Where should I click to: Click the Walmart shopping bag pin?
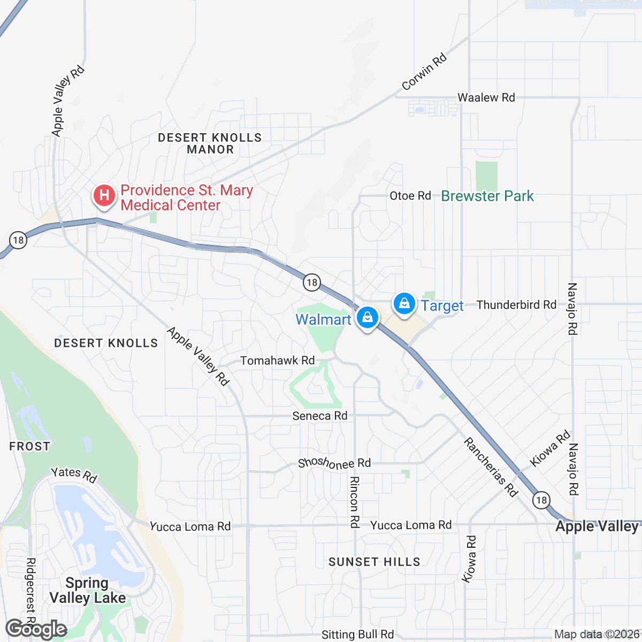click(368, 318)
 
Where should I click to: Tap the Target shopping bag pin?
click(404, 304)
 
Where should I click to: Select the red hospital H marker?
click(104, 195)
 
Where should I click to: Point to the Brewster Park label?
click(487, 196)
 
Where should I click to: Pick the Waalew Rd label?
click(486, 97)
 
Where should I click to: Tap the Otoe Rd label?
click(410, 196)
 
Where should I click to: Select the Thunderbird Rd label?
click(516, 305)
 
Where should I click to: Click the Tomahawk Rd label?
click(277, 361)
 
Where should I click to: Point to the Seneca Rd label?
click(319, 416)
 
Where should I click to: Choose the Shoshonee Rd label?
click(334, 463)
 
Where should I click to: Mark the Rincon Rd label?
click(354, 502)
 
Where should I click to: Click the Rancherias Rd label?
click(491, 467)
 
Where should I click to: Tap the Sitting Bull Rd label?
click(357, 635)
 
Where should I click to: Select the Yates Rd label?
click(74, 474)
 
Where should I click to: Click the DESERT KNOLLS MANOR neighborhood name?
click(210, 143)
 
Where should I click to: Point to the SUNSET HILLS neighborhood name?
click(374, 562)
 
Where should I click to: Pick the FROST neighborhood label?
click(29, 446)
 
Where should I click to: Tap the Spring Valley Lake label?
click(88, 590)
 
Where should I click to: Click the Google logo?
click(36, 630)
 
